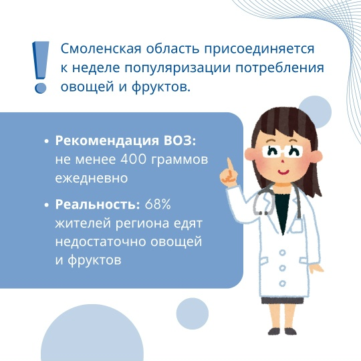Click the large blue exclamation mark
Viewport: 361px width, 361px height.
pyautogui.click(x=41, y=68)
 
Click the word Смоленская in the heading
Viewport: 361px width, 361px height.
pyautogui.click(x=101, y=49)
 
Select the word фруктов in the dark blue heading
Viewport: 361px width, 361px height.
pyautogui.click(x=161, y=88)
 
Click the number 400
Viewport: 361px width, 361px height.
pyautogui.click(x=134, y=159)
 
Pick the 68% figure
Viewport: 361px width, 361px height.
pyautogui.click(x=158, y=204)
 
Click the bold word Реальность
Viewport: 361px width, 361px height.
pyautogui.click(x=98, y=204)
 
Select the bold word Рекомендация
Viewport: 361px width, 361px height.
pyautogui.click(x=107, y=141)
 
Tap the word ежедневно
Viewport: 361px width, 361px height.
pyautogui.click(x=92, y=178)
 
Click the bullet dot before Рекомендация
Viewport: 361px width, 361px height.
pyautogui.click(x=47, y=141)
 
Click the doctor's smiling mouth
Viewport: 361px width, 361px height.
pyautogui.click(x=283, y=172)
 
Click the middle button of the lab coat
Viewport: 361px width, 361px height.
pyautogui.click(x=282, y=268)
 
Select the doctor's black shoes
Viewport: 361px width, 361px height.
pyautogui.click(x=282, y=332)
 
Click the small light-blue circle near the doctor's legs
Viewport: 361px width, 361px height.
pyautogui.click(x=193, y=314)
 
